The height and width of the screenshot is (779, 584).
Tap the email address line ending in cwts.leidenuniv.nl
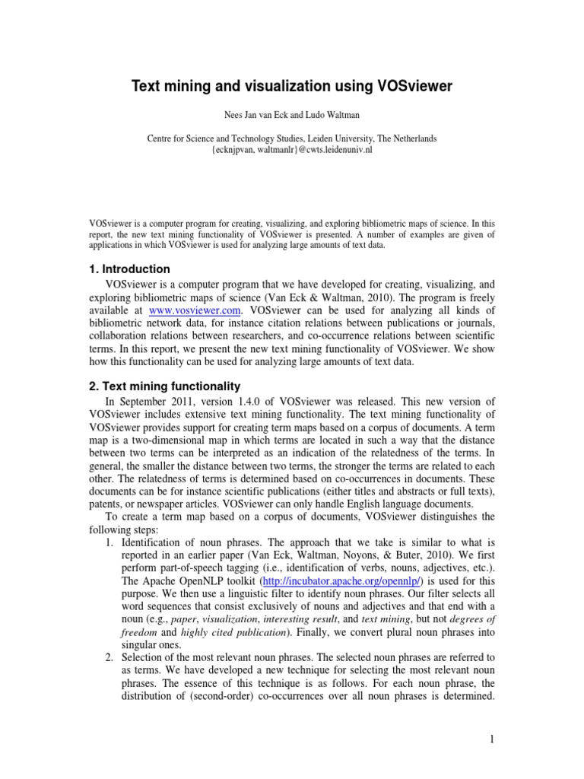click(291, 150)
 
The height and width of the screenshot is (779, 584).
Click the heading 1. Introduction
click(129, 269)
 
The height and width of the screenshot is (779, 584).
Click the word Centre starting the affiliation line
click(161, 138)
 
